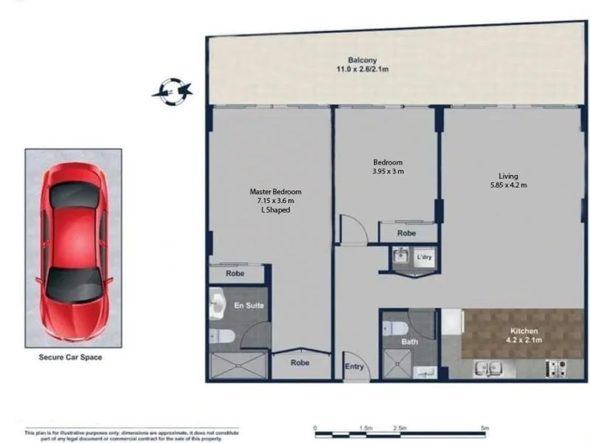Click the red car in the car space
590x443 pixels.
pos(74,248)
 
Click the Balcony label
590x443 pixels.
pos(362,61)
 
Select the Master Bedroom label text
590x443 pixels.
pos(275,192)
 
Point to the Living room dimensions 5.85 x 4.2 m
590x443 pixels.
pos(508,185)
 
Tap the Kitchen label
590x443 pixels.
pos(524,332)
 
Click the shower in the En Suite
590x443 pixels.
pos(238,365)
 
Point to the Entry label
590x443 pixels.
pos(354,366)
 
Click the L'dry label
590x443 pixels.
pos(423,258)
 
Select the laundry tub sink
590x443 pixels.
pos(400,257)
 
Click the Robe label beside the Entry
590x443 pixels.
pos(299,363)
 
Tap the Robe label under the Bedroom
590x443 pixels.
pos(406,233)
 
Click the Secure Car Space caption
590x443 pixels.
pos(70,357)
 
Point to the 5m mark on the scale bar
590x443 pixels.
pos(485,428)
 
